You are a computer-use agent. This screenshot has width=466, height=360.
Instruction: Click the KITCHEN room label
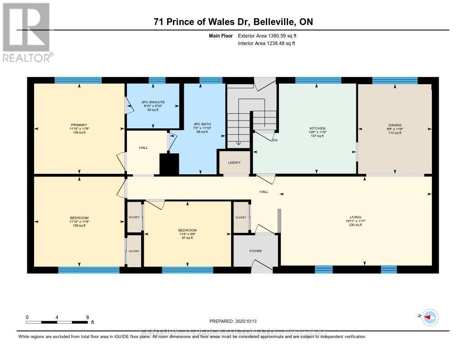(317, 128)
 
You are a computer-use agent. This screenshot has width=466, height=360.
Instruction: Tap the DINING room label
(395, 125)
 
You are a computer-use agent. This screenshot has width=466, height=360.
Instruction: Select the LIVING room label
(355, 217)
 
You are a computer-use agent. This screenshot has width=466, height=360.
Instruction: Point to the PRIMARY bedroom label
(79, 125)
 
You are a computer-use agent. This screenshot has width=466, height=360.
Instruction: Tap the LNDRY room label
(234, 162)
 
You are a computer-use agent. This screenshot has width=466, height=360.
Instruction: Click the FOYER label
(255, 251)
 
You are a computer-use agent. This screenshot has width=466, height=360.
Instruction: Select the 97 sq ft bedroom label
(187, 230)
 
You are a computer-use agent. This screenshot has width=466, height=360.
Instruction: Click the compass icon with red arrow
(430, 317)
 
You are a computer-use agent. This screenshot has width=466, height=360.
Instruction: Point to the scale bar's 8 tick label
(87, 317)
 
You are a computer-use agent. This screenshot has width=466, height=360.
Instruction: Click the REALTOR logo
(26, 32)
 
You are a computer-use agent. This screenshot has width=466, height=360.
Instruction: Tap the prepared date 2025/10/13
(236, 321)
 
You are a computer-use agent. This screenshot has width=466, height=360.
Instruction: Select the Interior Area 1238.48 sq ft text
(266, 43)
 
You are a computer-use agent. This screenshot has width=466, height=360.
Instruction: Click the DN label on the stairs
(274, 140)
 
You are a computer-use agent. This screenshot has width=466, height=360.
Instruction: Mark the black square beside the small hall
(169, 164)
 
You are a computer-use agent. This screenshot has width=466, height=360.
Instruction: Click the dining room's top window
(395, 81)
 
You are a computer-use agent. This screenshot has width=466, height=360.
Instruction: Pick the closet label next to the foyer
(241, 218)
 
